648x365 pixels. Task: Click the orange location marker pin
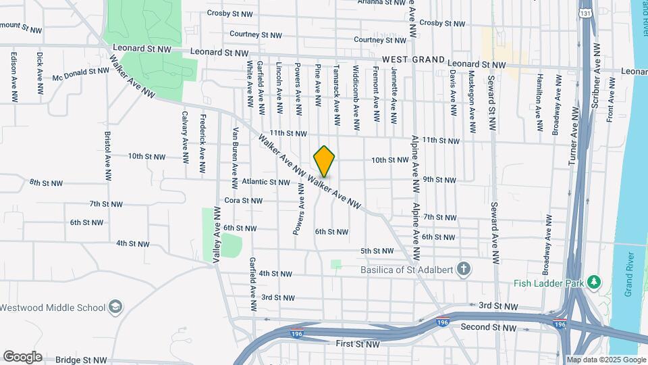point(325,162)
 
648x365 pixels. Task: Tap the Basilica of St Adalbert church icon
point(463,270)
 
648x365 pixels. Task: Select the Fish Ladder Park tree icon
point(594,282)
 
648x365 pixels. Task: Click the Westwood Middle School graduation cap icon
point(116,307)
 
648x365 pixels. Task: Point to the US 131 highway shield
point(585,12)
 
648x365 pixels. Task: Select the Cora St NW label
point(243,201)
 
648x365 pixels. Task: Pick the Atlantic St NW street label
point(265,182)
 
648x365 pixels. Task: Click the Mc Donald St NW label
point(80,74)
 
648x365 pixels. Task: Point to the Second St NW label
point(488,327)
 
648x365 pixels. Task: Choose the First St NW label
point(358,344)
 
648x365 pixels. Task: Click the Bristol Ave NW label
point(107,156)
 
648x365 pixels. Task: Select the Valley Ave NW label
point(217,234)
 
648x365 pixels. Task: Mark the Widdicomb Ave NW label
point(356,98)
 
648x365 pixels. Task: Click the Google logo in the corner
point(22,356)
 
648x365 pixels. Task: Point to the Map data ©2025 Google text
point(605,360)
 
